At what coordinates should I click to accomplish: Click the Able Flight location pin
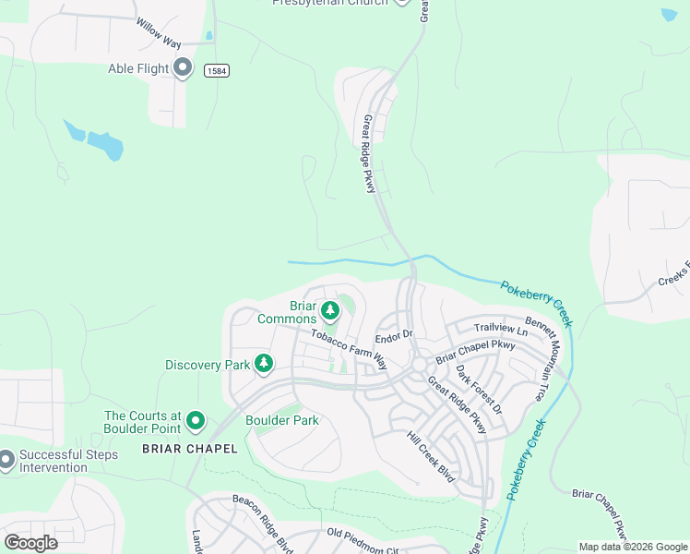pyautogui.click(x=183, y=67)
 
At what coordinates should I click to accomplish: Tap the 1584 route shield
pyautogui.click(x=217, y=71)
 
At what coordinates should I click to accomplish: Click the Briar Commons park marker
pyautogui.click(x=330, y=308)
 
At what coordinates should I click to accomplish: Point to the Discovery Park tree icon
pyautogui.click(x=264, y=364)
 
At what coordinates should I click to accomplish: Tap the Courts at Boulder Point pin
pyautogui.click(x=196, y=421)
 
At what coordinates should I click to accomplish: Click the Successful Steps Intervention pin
pyautogui.click(x=6, y=458)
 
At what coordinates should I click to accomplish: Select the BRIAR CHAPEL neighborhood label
pyautogui.click(x=189, y=449)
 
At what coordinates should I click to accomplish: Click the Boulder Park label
pyautogui.click(x=281, y=421)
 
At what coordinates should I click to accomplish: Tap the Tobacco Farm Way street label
pyautogui.click(x=348, y=350)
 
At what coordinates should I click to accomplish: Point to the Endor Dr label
pyautogui.click(x=393, y=338)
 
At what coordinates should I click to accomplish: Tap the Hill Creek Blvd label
pyautogui.click(x=432, y=452)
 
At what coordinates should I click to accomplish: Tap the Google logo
pyautogui.click(x=30, y=542)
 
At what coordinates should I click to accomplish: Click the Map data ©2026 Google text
pyautogui.click(x=632, y=547)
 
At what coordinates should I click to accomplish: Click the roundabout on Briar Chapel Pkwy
pyautogui.click(x=418, y=366)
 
